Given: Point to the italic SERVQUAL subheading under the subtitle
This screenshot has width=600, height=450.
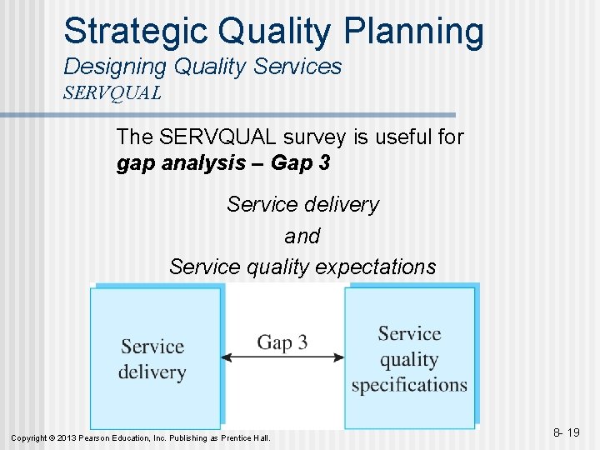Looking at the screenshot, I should click(x=112, y=92).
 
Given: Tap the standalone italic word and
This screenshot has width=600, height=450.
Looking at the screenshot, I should click(x=302, y=237).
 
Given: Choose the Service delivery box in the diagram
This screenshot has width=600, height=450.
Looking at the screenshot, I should click(x=155, y=358).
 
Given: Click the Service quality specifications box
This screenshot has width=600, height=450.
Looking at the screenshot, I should click(x=410, y=358).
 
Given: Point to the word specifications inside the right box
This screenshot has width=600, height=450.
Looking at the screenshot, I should click(x=409, y=385).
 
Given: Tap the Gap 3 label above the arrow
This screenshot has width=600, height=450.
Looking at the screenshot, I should click(x=282, y=342).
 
